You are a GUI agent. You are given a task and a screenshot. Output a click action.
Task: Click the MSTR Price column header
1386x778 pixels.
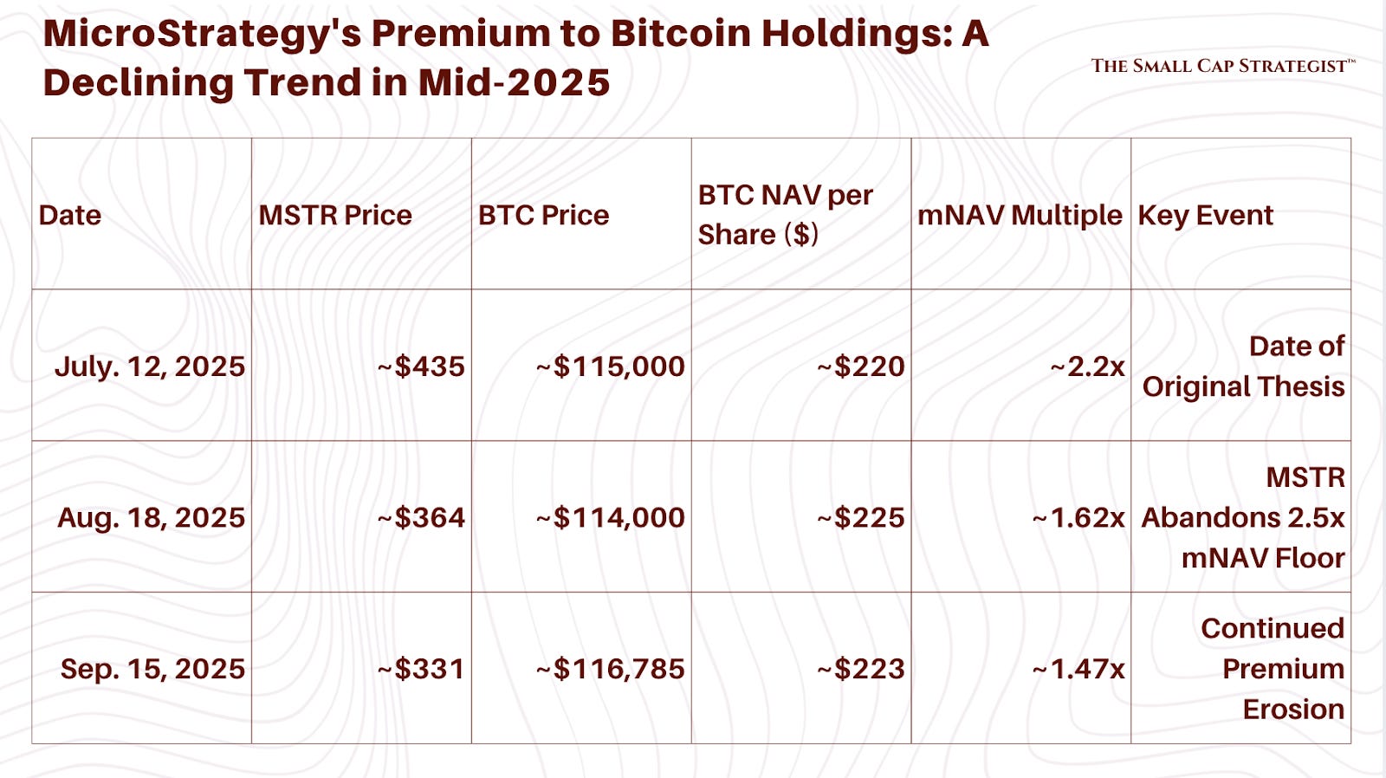[x=334, y=215]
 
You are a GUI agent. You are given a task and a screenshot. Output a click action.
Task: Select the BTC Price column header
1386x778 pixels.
[x=543, y=215]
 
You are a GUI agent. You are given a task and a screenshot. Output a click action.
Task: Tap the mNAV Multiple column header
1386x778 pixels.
[x=1020, y=215]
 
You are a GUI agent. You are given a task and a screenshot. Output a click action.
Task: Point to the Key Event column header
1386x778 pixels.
[x=1205, y=215]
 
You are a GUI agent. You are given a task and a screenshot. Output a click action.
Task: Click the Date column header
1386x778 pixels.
[x=70, y=215]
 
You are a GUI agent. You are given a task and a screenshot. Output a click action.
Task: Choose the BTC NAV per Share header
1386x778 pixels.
[x=785, y=214]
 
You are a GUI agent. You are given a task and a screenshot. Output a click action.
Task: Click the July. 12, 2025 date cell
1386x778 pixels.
[x=150, y=366]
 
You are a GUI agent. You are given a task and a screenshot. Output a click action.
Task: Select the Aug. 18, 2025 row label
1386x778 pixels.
[x=152, y=517]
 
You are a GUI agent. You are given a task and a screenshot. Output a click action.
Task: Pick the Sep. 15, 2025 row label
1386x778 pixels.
[x=152, y=669]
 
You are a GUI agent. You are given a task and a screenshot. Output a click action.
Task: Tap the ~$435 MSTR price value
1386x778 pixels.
[x=422, y=366]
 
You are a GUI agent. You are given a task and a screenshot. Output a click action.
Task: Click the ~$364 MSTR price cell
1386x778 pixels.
[x=422, y=517]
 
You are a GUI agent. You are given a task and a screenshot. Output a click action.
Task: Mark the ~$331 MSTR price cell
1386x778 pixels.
[x=422, y=669]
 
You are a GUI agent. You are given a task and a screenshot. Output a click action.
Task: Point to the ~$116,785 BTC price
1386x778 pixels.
[x=611, y=669]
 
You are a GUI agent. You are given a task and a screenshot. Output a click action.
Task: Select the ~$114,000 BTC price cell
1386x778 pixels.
[x=611, y=517]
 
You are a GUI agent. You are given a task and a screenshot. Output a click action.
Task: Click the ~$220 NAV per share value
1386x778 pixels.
[x=861, y=366]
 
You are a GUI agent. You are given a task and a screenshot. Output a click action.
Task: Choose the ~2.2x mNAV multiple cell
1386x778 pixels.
[x=1088, y=366]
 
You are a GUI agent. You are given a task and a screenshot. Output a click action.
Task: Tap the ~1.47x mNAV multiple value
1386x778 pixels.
[x=1079, y=669]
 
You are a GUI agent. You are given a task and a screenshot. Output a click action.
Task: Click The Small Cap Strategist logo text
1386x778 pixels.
[x=1222, y=66]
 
